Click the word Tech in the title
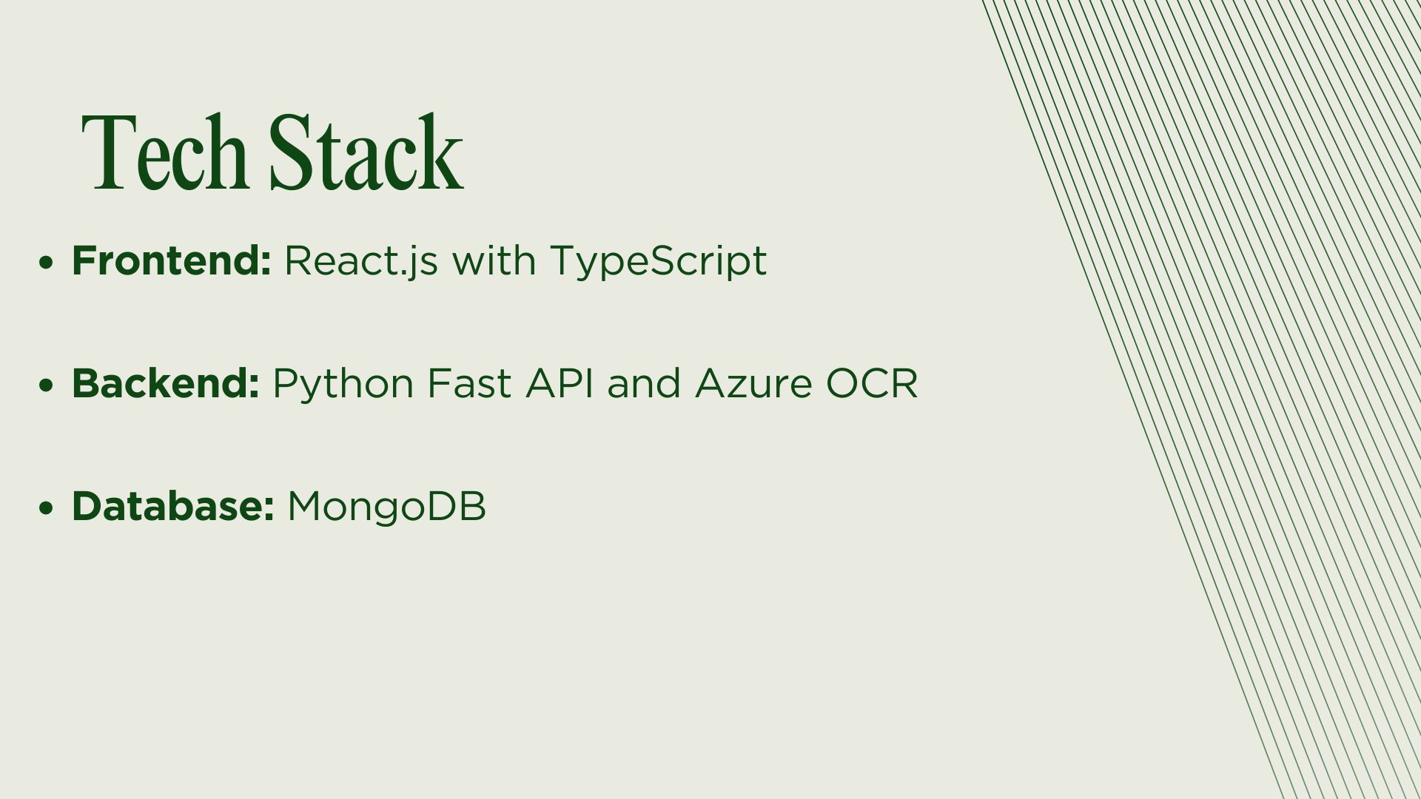coord(164,152)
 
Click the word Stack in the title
coord(366,152)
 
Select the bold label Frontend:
coord(172,260)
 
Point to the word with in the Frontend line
coord(494,260)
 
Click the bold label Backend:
coord(166,383)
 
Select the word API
coord(560,384)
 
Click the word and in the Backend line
coord(644,383)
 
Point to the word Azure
coord(753,384)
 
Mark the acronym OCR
coord(872,384)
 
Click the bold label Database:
coord(173,506)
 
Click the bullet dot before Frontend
coord(47,263)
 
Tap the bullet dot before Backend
coord(47,385)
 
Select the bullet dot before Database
coord(47,508)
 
